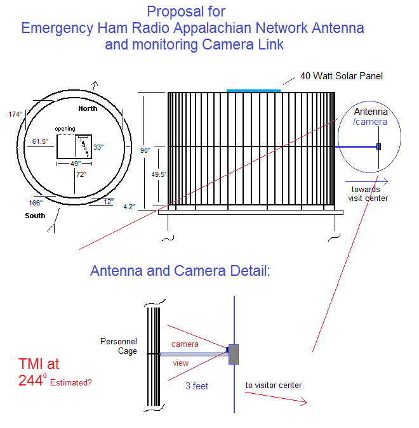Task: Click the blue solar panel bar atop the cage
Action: [x=253, y=91]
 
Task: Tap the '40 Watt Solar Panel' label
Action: [x=342, y=77]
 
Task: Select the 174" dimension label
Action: [x=16, y=114]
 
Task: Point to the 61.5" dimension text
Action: [x=39, y=141]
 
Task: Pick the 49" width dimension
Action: [x=74, y=164]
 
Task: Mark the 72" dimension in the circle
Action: [x=82, y=174]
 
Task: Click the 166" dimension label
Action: [x=35, y=203]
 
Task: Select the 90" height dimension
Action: [x=146, y=150]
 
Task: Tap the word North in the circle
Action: [x=88, y=108]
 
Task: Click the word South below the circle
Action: [x=36, y=216]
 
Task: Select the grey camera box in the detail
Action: [x=233, y=354]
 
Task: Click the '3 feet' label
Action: [x=197, y=386]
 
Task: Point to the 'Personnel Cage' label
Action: [x=119, y=346]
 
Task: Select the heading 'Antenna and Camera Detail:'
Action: [x=180, y=271]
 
